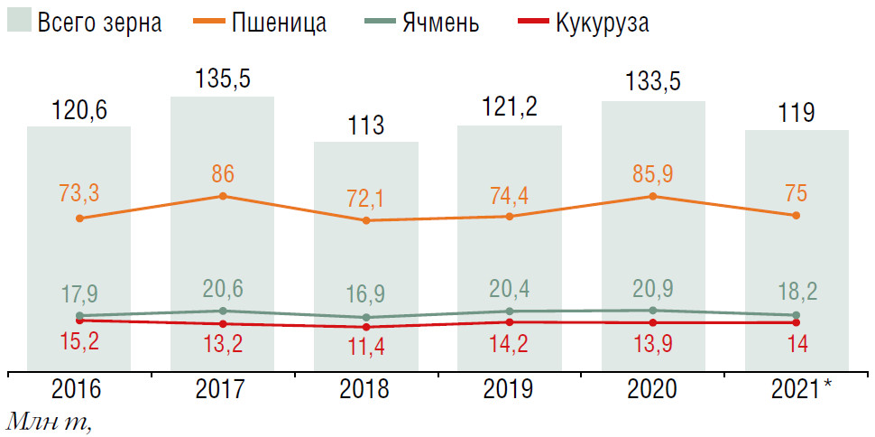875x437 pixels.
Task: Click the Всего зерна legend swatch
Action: [x=19, y=22]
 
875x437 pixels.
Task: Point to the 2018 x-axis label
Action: [x=364, y=389]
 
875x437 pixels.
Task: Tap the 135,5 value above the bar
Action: [x=222, y=79]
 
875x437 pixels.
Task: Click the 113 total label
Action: [x=365, y=125]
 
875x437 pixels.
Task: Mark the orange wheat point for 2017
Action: [x=222, y=196]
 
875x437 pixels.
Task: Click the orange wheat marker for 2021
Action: [x=796, y=215]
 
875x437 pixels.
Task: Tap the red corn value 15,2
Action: [x=79, y=343]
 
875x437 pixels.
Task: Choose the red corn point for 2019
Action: [x=510, y=321]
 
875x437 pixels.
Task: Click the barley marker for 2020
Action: [x=653, y=311]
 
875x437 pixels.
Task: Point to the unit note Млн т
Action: [x=50, y=422]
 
